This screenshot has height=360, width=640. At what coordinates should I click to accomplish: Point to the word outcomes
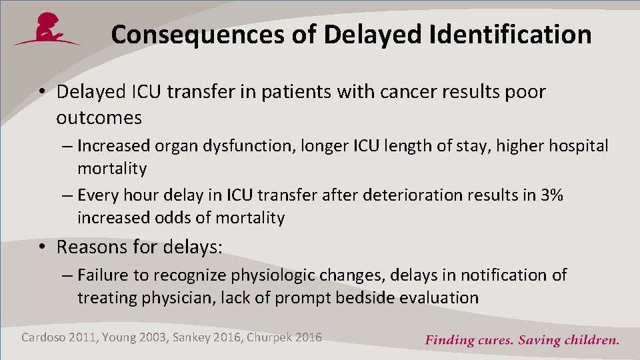point(99,118)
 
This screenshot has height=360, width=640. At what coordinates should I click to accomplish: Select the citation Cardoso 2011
point(59,337)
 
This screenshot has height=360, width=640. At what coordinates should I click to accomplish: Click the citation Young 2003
point(136,337)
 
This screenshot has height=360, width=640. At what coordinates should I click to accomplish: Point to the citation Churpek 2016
point(284,337)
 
